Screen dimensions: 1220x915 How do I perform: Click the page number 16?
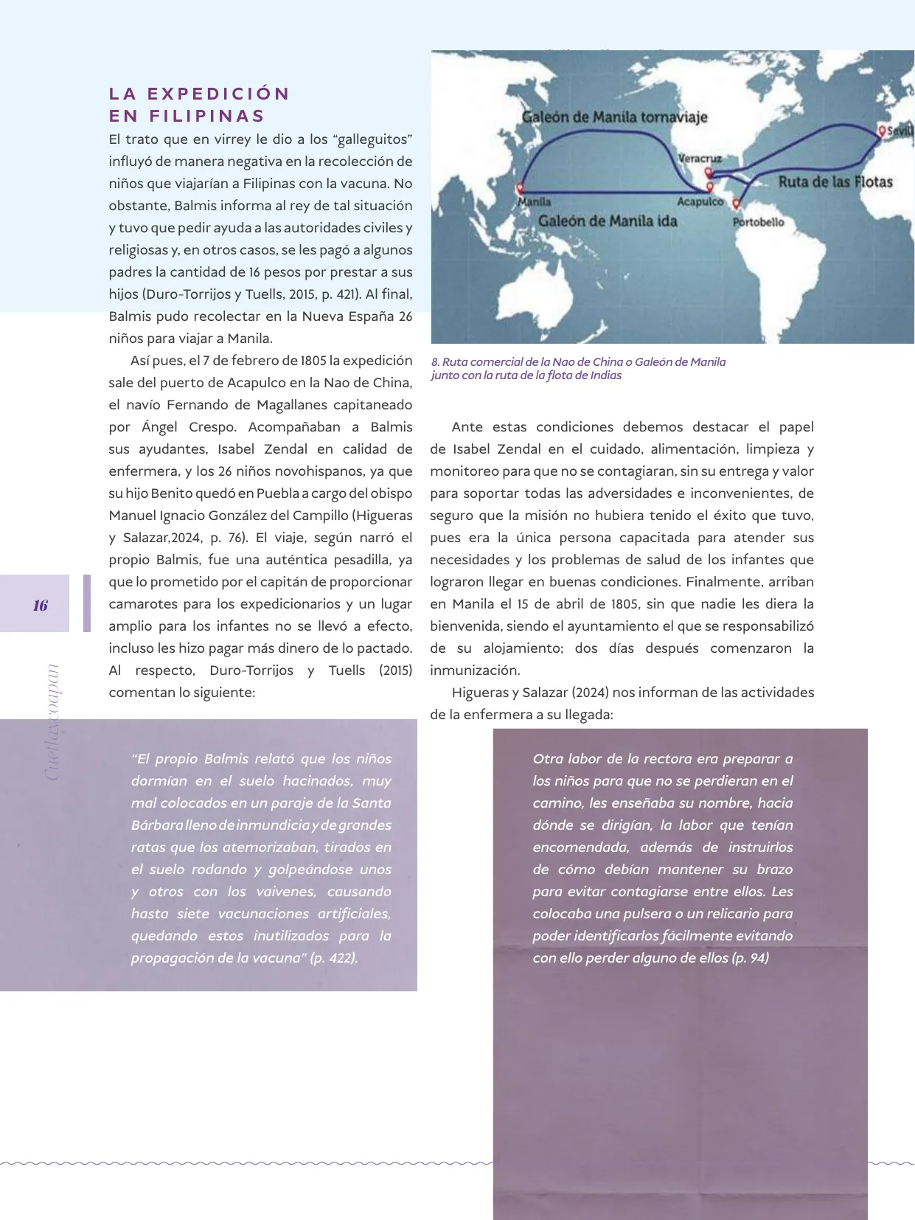coord(40,606)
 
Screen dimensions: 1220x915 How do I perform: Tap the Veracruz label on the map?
coord(699,159)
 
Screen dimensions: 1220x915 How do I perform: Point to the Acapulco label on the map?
coord(700,201)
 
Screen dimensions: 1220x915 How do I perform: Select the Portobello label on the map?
coord(758,222)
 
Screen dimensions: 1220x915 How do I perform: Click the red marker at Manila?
coord(521,189)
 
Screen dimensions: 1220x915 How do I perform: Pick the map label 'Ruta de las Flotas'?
coord(835,182)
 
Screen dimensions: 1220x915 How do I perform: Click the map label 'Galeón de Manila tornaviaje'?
coord(614,117)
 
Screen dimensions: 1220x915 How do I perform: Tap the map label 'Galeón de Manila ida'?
coord(607,221)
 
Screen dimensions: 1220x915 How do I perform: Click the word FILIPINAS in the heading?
coord(207,116)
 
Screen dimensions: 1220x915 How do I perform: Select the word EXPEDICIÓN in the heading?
coord(218,94)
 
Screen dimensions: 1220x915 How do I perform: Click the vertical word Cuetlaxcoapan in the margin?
coord(52,721)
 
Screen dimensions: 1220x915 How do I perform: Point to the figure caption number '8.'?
coord(435,362)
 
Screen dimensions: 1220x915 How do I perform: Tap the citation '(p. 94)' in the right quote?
coord(750,958)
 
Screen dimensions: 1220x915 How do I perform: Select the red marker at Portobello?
coord(736,204)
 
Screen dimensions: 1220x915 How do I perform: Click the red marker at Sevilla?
coord(882,131)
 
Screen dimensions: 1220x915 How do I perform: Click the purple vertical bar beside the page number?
coord(87,603)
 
